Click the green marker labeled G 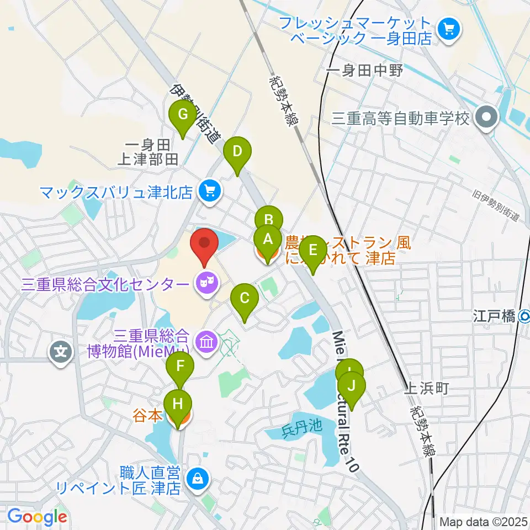(183, 115)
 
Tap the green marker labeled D (237, 151)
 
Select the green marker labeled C (245, 299)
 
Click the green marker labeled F (180, 367)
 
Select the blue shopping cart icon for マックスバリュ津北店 (209, 191)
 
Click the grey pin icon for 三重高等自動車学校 (487, 118)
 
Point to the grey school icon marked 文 (61, 351)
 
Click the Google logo (36, 517)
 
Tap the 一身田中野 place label (365, 71)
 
